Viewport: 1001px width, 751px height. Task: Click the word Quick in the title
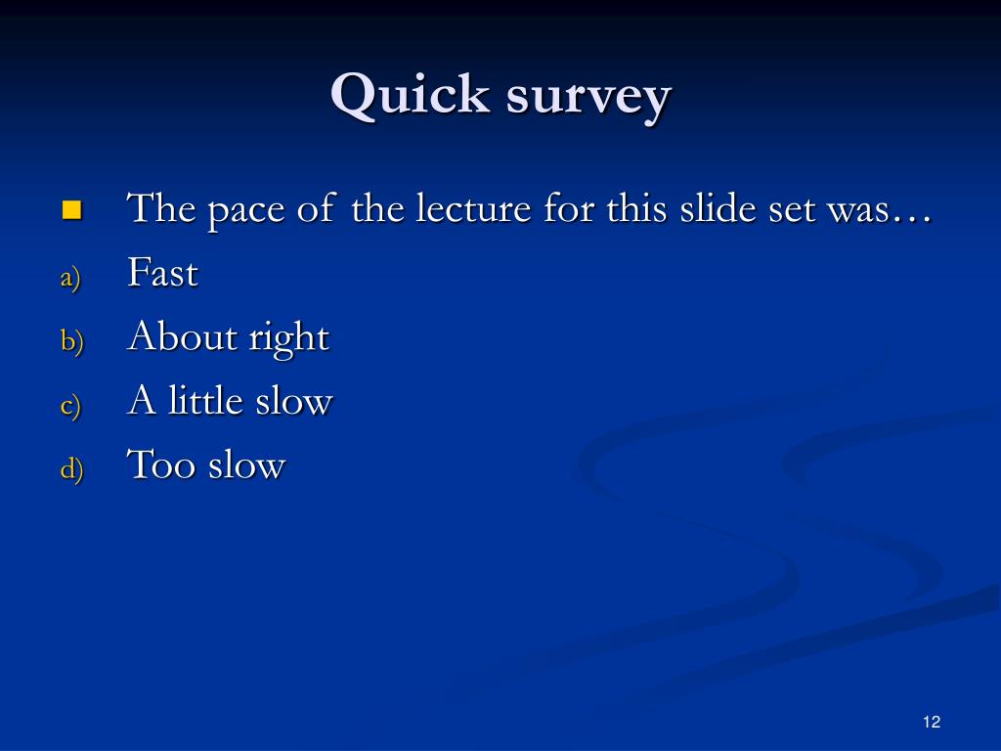pos(410,97)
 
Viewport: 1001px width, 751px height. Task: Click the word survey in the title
pos(589,99)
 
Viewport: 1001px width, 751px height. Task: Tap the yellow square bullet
pos(71,209)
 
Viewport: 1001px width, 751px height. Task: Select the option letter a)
pos(69,278)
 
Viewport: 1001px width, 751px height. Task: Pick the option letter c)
pos(69,405)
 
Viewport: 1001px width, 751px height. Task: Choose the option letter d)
pos(71,468)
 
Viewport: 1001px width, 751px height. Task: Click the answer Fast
pos(162,273)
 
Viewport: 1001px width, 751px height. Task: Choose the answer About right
pos(228,337)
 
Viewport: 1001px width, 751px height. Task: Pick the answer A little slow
pos(230,401)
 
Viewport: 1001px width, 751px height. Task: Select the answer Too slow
pos(205,464)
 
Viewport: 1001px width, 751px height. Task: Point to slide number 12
pos(931,722)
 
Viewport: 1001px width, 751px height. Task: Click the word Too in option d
pos(161,464)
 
